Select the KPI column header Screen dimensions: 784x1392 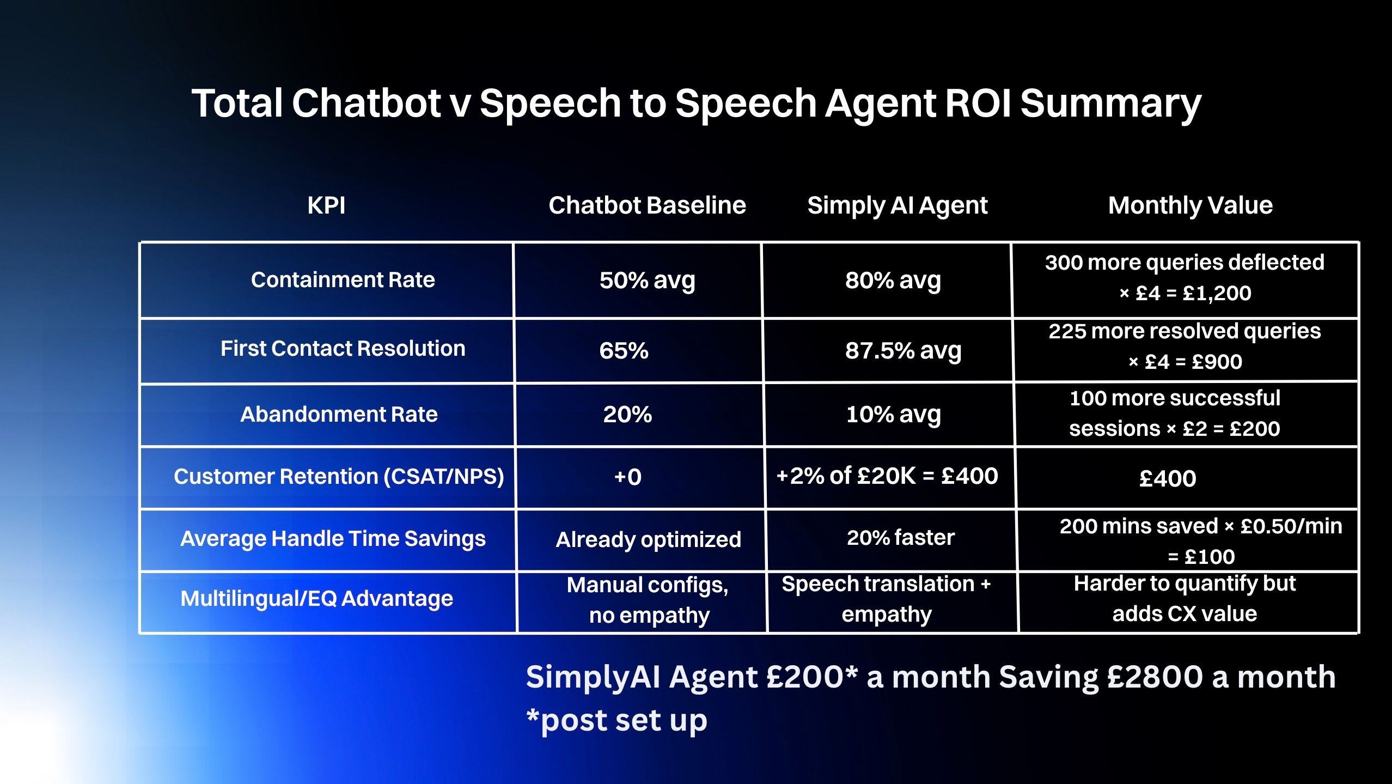pos(326,206)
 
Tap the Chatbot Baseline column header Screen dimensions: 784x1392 pos(647,206)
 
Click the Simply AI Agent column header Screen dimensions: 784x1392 pos(897,206)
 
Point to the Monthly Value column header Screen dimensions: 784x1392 pos(1190,206)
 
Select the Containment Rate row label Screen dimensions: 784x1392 pos(343,280)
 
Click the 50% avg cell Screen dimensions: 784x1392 pos(647,281)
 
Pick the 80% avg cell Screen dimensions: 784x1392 pos(893,281)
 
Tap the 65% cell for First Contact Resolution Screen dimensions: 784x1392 pos(624,350)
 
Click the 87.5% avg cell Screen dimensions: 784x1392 pos(903,350)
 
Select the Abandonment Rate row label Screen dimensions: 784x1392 pos(339,415)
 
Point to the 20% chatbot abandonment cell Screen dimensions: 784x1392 pos(627,415)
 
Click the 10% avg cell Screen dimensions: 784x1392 pos(893,415)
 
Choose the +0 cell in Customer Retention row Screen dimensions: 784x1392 pos(627,477)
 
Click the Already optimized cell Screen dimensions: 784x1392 pos(648,539)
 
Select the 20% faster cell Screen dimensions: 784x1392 pos(900,538)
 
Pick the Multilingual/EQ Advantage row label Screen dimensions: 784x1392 pos(316,599)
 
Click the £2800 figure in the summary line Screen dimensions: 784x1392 pos(1155,677)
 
